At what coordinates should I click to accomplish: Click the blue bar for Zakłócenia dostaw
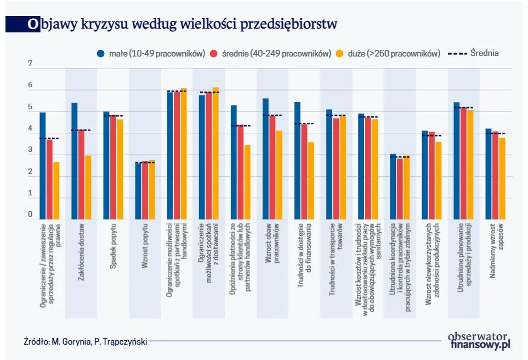(75, 161)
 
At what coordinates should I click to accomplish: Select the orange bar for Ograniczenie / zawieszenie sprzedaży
(56, 190)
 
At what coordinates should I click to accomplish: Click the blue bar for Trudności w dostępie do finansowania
(297, 160)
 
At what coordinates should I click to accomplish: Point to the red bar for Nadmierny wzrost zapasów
(495, 175)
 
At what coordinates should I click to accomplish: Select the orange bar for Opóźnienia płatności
(247, 182)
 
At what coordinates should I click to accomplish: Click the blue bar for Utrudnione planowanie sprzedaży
(456, 160)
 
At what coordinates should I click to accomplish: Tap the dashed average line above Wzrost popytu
(145, 162)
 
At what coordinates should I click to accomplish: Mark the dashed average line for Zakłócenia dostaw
(81, 130)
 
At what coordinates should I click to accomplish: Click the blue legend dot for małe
(101, 54)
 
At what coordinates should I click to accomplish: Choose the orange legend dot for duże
(339, 54)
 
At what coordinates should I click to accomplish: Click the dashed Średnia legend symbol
(457, 54)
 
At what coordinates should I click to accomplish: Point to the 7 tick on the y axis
(31, 64)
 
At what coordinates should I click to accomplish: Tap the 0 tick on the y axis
(31, 215)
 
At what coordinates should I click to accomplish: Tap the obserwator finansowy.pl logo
(479, 341)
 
